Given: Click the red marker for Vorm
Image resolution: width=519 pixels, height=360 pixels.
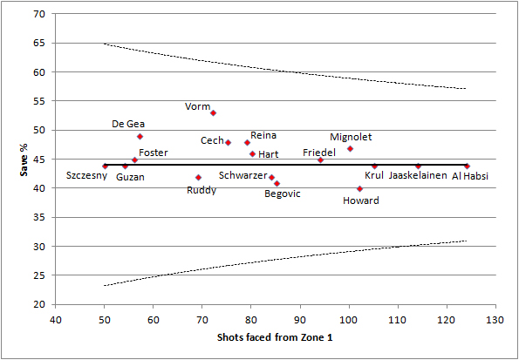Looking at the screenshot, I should pos(213,112).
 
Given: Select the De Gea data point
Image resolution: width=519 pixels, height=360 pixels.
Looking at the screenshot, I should pos(140,136).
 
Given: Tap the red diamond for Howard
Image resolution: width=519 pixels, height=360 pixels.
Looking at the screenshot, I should pos(359,188).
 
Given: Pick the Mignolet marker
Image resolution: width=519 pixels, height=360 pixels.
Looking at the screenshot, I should pos(350,148).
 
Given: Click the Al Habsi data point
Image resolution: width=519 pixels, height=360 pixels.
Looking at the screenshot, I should pos(467,166).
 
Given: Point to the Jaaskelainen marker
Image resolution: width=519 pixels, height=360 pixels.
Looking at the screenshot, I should pos(418,166).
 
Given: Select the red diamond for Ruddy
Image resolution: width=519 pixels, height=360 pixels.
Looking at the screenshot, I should pos(198,177).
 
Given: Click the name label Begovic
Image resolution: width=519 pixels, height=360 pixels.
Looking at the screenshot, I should pos(283,194).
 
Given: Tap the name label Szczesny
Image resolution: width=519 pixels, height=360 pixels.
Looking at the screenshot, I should pos(86,175).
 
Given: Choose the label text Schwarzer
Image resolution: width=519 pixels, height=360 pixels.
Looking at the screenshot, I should pos(243,175).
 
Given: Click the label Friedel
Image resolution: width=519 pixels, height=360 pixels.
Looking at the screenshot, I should pos(319,153).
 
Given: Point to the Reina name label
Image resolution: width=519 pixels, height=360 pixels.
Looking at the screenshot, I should pos(263,136).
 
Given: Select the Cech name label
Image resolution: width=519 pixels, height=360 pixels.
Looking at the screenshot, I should pos(212,140).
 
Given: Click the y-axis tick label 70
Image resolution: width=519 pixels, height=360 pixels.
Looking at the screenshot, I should pos(40,15).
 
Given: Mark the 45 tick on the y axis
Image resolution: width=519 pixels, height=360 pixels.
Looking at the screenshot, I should pos(40,160).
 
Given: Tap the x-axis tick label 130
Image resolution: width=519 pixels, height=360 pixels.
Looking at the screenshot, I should pos(495,319).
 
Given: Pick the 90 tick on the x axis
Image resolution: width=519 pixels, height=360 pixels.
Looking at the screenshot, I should pos(300,319).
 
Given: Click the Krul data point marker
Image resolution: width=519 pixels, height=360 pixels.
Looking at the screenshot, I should pos(374,166).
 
